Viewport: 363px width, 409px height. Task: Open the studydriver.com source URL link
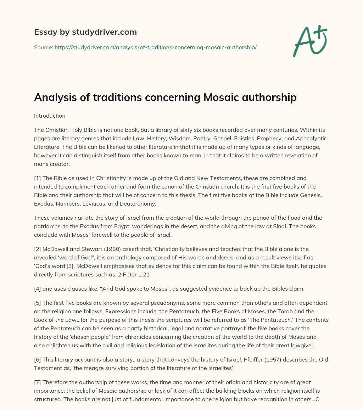click(x=155, y=47)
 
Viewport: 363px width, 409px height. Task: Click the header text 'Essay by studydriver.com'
click(x=85, y=32)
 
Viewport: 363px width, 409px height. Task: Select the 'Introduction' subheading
click(x=50, y=116)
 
